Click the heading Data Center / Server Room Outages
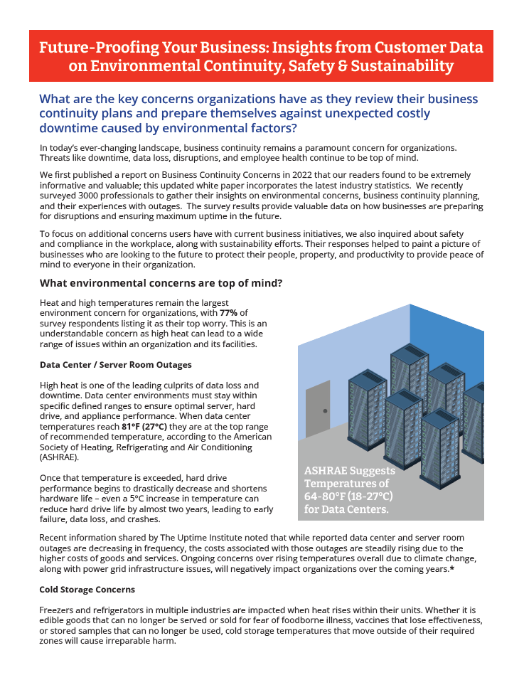coord(115,365)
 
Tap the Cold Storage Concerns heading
coord(87,590)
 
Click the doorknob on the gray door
coord(325,411)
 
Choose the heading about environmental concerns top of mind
coord(161,283)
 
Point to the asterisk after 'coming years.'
coord(452,569)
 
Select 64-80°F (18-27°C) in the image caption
coord(348,496)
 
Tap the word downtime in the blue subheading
coord(72,128)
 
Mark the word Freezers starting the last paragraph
coord(59,610)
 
